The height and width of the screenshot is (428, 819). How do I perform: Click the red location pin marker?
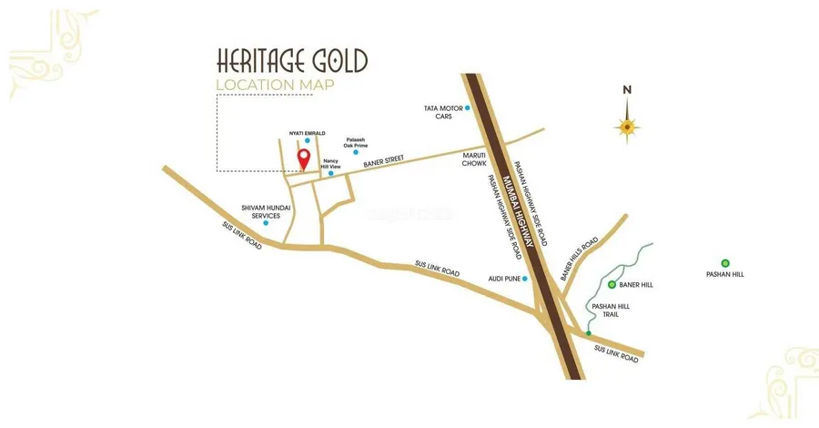click(303, 159)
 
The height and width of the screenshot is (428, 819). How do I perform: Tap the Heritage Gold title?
click(291, 61)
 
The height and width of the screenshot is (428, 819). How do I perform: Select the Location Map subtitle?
click(275, 86)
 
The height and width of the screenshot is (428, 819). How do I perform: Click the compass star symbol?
click(626, 126)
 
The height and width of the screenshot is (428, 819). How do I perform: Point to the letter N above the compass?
click(626, 89)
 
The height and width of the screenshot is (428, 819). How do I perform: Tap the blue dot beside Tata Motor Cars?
click(468, 108)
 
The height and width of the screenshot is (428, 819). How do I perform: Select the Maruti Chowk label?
click(475, 159)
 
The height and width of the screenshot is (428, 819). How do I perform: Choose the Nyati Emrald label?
click(307, 133)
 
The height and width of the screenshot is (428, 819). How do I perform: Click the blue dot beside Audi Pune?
click(524, 279)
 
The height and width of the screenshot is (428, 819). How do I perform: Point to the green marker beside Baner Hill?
click(612, 285)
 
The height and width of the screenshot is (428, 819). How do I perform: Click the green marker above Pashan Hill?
click(725, 263)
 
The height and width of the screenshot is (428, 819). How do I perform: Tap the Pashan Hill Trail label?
click(611, 311)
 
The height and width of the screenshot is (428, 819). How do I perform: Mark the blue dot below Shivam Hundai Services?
click(266, 222)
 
